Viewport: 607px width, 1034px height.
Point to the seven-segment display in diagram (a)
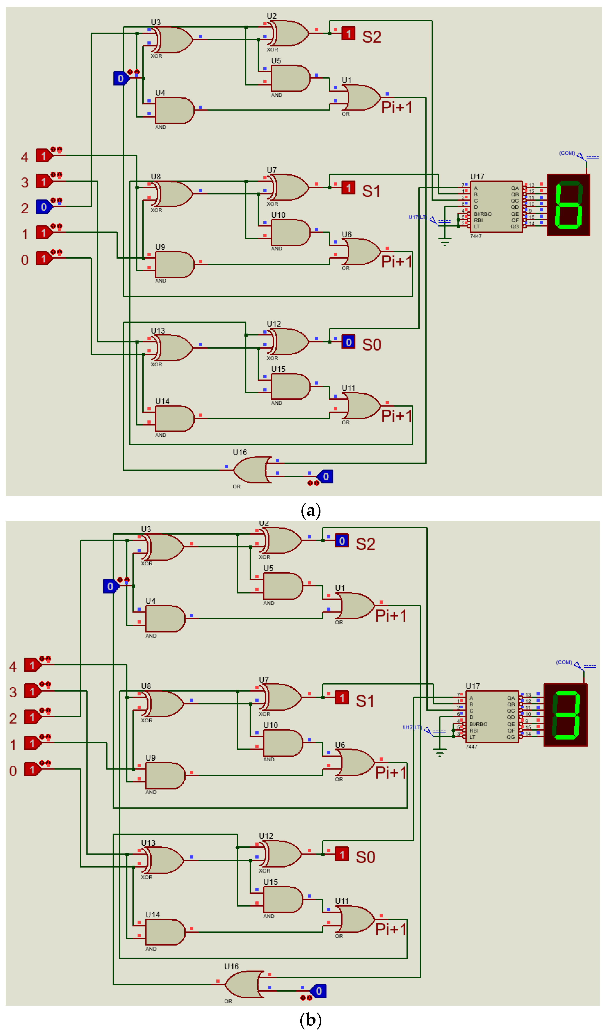(568, 205)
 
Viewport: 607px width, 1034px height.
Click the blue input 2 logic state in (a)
(44, 207)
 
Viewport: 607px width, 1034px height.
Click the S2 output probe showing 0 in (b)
(342, 541)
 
